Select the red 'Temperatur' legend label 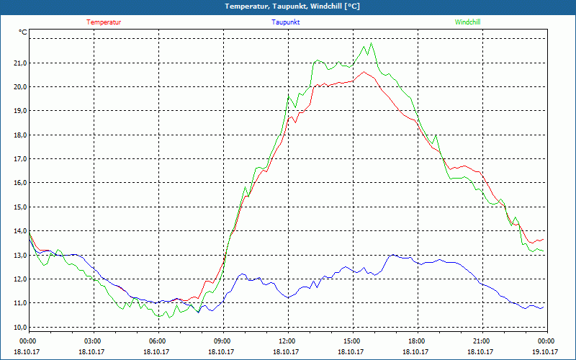[x=104, y=22]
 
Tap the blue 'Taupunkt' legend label [x=286, y=22]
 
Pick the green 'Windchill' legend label [x=468, y=22]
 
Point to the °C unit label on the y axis [x=23, y=32]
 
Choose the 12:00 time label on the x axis [x=287, y=341]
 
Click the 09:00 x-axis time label [x=222, y=341]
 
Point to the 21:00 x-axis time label [x=481, y=341]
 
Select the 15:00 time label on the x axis [x=351, y=341]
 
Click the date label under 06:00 [x=157, y=351]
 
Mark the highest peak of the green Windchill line [x=372, y=43]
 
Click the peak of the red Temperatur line [x=364, y=71]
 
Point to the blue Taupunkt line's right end [x=544, y=307]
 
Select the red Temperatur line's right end [x=544, y=238]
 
